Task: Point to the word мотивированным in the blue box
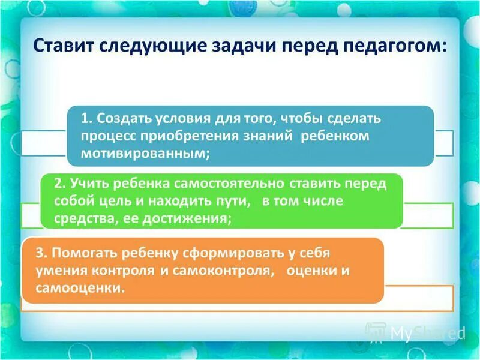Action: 145,153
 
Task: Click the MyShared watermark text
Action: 427,333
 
